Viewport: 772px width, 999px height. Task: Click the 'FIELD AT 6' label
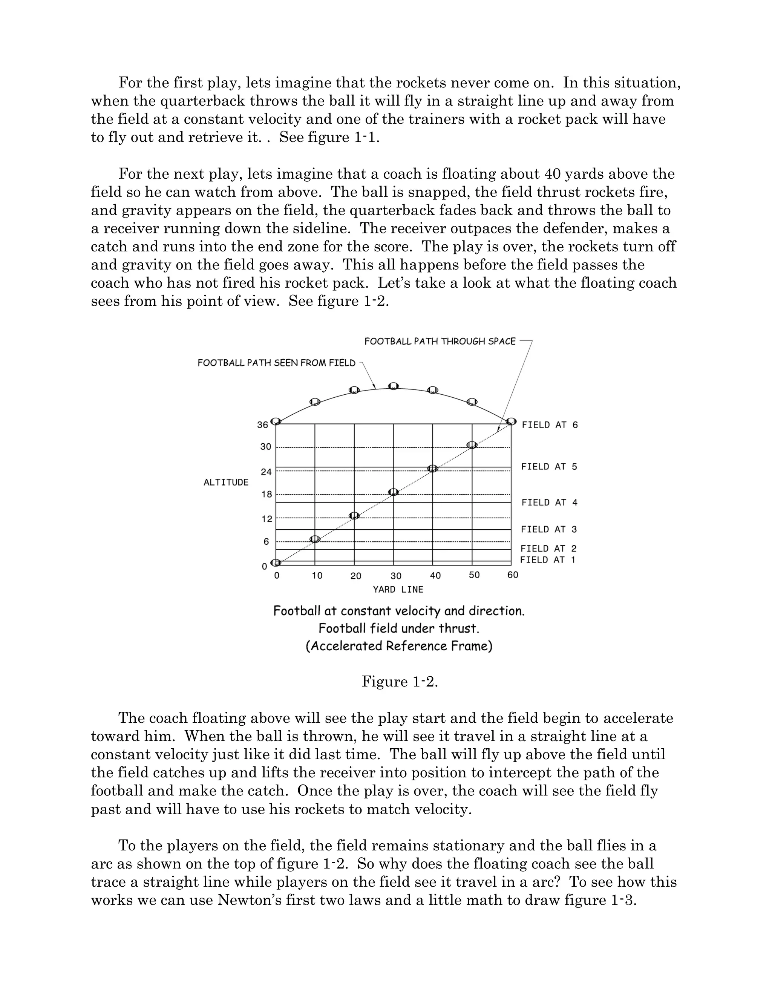549,425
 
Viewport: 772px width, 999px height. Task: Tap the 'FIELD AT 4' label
549,503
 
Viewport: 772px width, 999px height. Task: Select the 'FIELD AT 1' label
547,560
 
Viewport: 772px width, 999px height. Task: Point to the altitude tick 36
262,425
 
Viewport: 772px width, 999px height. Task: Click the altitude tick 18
266,495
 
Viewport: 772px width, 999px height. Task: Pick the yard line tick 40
435,575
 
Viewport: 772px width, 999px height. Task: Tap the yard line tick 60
513,575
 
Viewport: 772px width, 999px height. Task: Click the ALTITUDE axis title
226,483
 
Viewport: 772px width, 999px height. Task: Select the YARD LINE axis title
398,590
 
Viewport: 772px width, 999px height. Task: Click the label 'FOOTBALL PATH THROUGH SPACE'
440,341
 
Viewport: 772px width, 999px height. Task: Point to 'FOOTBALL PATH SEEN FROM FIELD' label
276,363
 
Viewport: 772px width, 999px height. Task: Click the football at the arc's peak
393,386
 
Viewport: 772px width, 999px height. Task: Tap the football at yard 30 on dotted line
393,492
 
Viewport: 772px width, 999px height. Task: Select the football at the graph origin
276,562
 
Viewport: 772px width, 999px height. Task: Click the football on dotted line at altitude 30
472,445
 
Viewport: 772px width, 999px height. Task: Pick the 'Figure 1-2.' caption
400,682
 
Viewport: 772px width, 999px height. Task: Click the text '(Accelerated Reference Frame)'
399,646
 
